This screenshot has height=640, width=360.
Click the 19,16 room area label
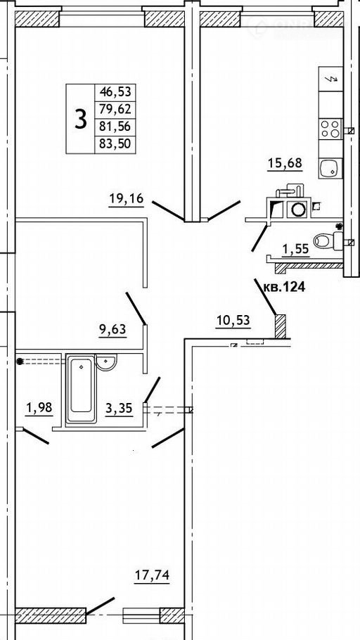[127, 199]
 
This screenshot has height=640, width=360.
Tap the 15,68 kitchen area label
[285, 163]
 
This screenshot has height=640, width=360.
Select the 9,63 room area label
[112, 328]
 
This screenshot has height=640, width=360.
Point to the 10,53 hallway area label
[233, 321]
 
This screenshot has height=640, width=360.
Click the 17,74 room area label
[152, 575]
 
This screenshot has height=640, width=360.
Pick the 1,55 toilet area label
[295, 249]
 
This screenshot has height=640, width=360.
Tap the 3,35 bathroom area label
[120, 408]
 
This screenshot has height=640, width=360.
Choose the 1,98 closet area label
[39, 408]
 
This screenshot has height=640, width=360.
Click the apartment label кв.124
[285, 288]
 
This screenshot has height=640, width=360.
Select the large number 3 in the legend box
[81, 119]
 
